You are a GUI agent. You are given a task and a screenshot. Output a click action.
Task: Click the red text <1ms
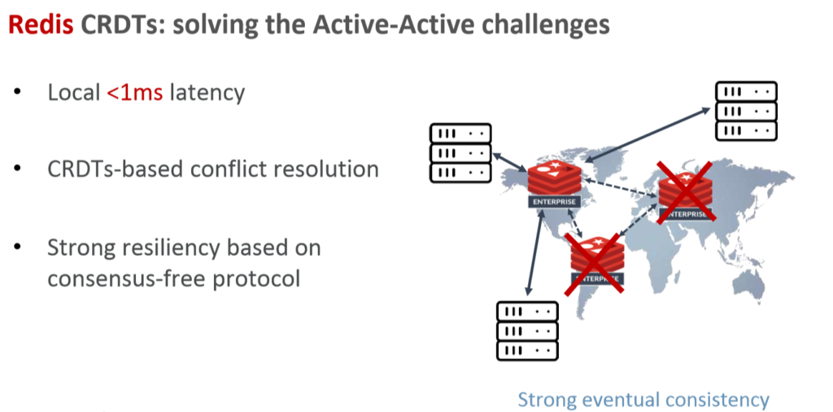click(135, 92)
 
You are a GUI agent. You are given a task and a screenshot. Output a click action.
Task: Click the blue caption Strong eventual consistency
click(643, 400)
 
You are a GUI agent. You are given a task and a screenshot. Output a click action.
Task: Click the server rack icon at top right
click(746, 112)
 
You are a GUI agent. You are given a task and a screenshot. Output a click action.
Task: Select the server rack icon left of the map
click(460, 153)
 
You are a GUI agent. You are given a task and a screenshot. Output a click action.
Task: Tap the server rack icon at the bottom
click(527, 331)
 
